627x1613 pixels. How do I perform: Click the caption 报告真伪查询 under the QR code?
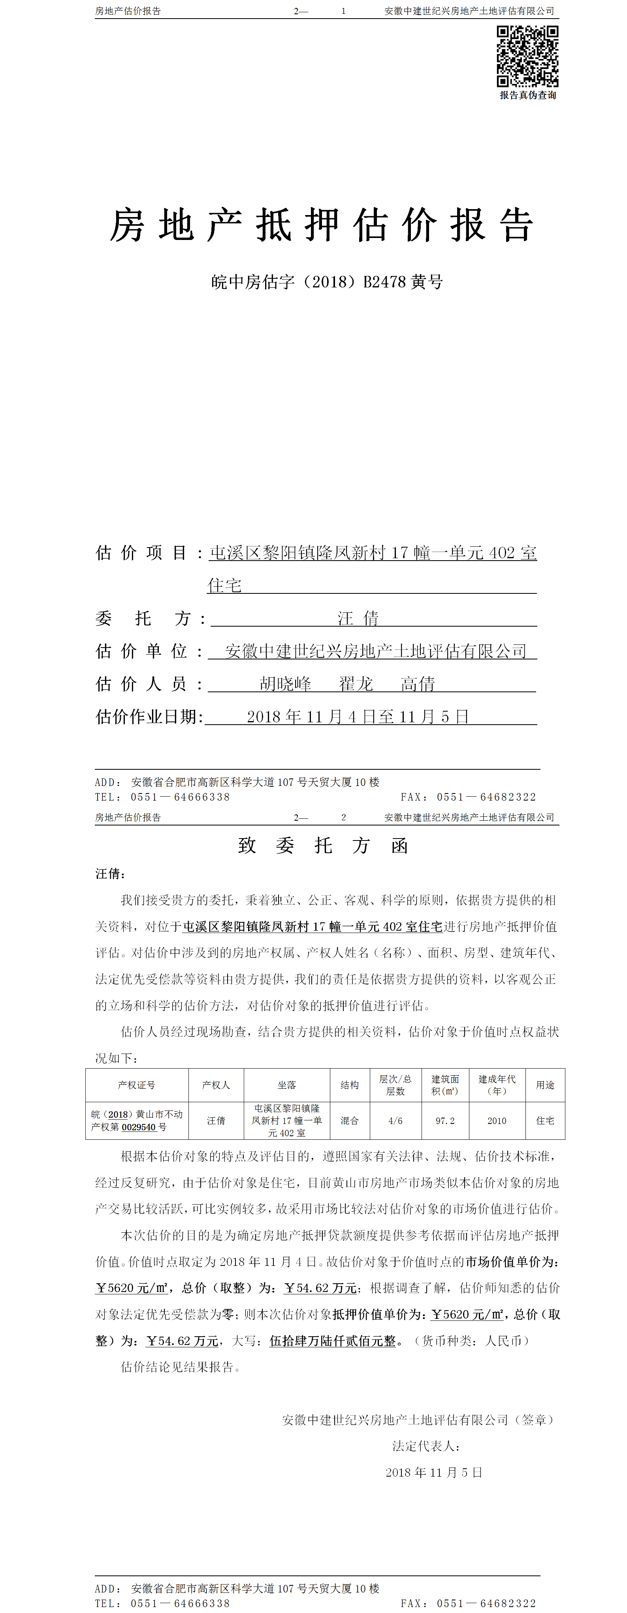[527, 95]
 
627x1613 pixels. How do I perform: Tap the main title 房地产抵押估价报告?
[322, 225]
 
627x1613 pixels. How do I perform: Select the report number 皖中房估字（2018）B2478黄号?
[327, 282]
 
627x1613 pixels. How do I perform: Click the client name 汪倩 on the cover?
[358, 619]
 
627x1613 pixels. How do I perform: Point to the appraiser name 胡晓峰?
[285, 684]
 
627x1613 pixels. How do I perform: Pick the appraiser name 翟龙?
[356, 684]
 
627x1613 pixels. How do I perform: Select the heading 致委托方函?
[323, 846]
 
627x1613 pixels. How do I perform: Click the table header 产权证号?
[136, 1085]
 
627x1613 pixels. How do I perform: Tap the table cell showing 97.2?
[445, 1121]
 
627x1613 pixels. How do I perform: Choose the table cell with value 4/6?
[395, 1121]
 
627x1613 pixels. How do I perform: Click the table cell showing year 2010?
[497, 1121]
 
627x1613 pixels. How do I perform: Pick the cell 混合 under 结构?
[350, 1121]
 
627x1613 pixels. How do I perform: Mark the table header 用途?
[545, 1085]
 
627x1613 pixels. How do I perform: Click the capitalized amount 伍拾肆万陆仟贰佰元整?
[333, 1341]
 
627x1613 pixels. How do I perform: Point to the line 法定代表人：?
[427, 1446]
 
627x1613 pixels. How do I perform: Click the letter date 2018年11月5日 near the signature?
[434, 1472]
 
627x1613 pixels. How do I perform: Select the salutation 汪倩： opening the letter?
[110, 873]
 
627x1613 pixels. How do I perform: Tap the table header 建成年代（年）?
[497, 1085]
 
